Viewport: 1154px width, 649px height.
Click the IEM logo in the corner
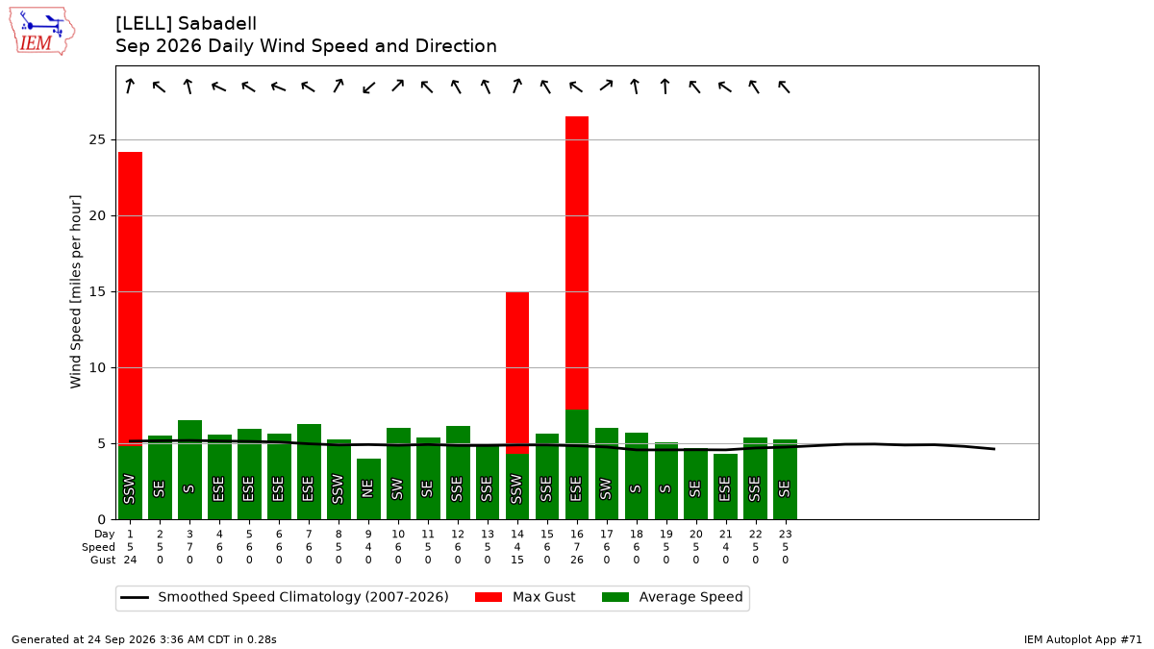(42, 31)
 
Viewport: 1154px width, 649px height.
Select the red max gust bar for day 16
(576, 262)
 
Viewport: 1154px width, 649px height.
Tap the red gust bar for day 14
(516, 373)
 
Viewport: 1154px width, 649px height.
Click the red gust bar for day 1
(130, 299)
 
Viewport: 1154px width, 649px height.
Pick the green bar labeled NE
(368, 488)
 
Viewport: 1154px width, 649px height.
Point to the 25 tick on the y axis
(97, 139)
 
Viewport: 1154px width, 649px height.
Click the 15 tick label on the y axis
(97, 291)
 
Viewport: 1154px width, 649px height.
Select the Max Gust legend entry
(524, 597)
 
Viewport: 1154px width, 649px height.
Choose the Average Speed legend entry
(672, 597)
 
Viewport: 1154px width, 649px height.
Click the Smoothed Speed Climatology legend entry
(285, 597)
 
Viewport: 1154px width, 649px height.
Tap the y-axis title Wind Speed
(75, 291)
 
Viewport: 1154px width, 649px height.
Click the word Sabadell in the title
(217, 24)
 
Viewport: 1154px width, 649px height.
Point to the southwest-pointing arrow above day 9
(369, 87)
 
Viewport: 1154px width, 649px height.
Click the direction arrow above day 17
(607, 86)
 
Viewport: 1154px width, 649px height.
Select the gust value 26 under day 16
(576, 560)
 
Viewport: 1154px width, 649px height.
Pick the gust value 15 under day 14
(516, 560)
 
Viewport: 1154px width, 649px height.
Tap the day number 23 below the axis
(785, 535)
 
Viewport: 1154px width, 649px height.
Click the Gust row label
(103, 560)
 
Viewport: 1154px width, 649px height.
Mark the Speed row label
(98, 547)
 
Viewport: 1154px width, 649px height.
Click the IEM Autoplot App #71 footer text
(1083, 639)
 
